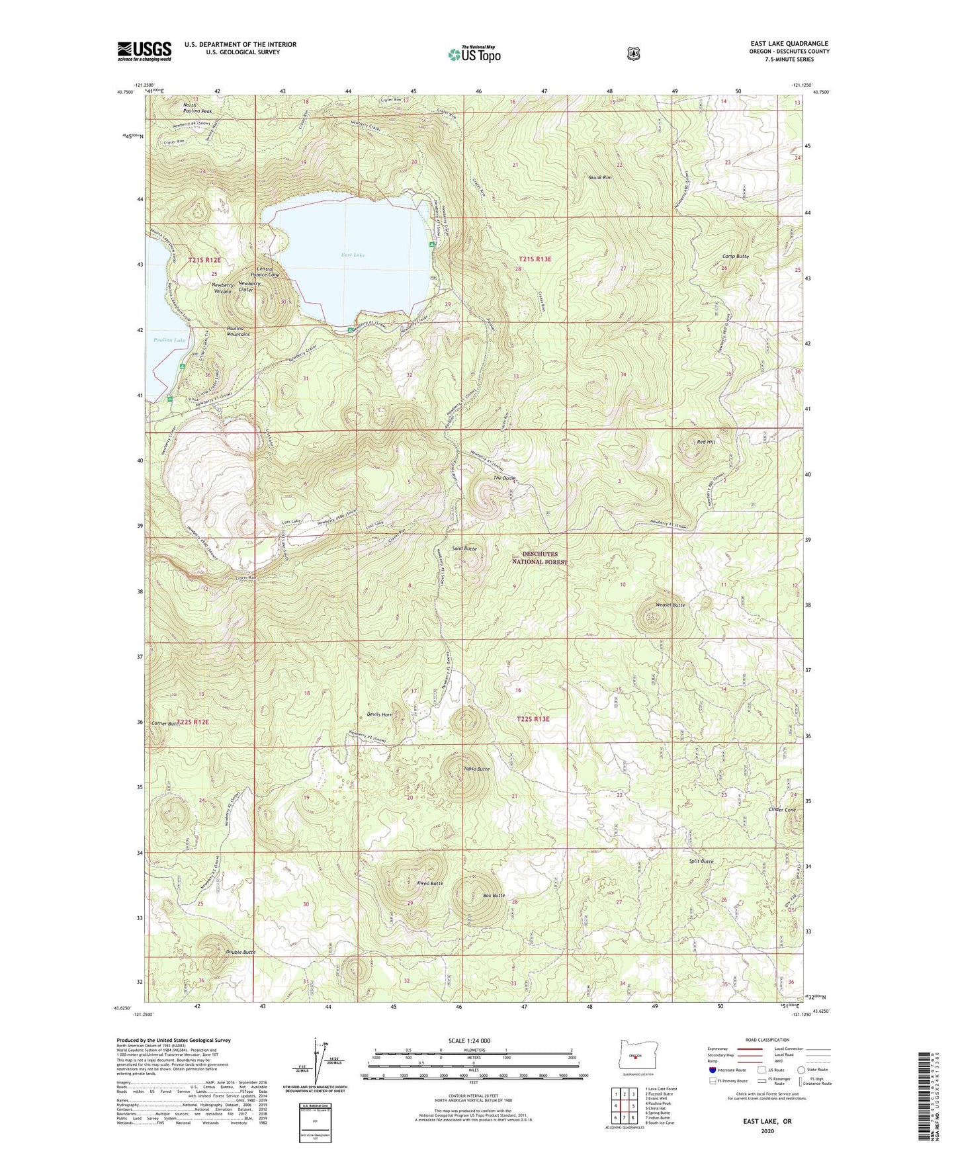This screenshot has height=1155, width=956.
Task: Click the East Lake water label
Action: pos(353,255)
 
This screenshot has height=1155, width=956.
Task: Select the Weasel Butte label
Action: pos(670,605)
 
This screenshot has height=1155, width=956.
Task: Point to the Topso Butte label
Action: pos(476,769)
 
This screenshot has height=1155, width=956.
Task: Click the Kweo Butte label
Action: pos(430,883)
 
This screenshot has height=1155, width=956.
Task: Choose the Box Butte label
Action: pos(494,896)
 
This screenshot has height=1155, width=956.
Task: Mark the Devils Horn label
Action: pos(380,714)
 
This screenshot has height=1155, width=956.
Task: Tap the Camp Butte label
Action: pos(735,256)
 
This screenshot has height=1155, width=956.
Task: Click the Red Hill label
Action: pos(706,442)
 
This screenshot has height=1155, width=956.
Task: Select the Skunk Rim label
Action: pos(600,178)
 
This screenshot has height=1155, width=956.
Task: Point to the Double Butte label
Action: pos(240,952)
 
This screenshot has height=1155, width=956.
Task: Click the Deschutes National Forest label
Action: pos(540,558)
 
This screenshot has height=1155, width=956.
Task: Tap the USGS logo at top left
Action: pos(144,51)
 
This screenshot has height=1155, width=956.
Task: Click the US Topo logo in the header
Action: pos(474,54)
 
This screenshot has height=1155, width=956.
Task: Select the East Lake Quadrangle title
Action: pos(785,44)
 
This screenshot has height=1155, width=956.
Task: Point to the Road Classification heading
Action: pos(767,1041)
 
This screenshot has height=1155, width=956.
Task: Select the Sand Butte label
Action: pos(464,549)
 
